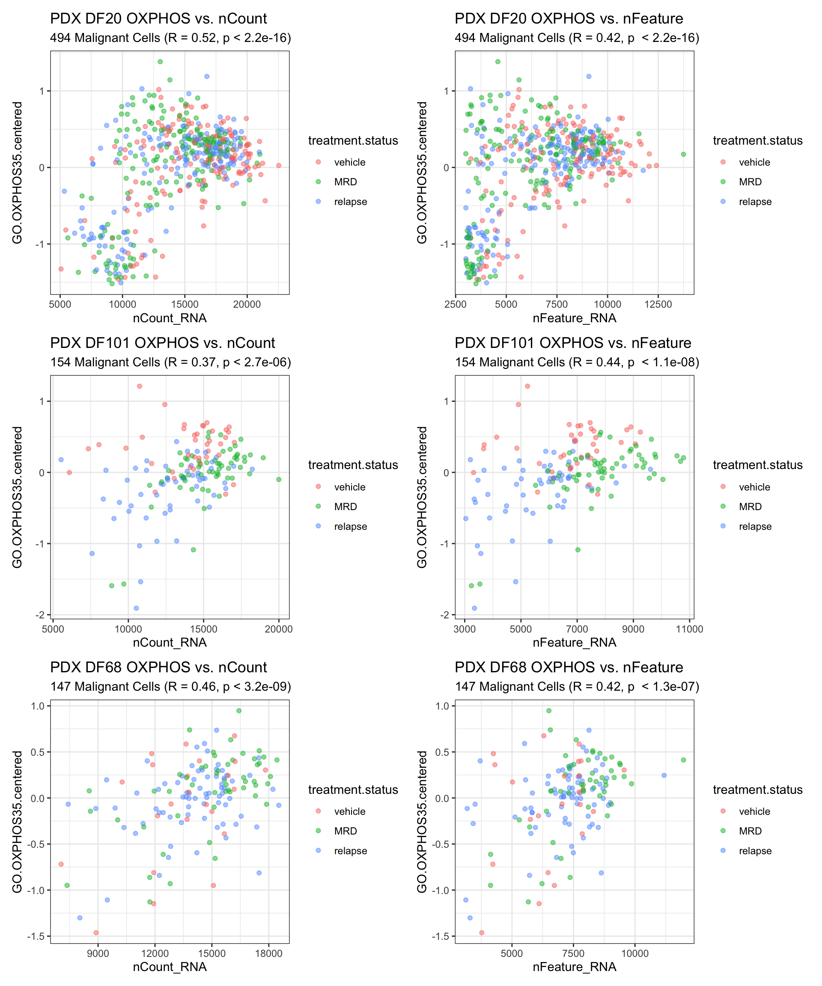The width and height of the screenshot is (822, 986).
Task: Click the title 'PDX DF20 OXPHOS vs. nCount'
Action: pyautogui.click(x=158, y=19)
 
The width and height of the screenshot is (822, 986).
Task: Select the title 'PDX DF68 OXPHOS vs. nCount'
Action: pyautogui.click(x=158, y=667)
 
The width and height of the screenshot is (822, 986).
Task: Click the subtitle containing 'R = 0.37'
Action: pyautogui.click(x=170, y=362)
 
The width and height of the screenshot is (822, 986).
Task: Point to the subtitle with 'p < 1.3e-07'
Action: pyautogui.click(x=577, y=686)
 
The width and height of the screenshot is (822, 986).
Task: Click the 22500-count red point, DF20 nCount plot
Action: pyautogui.click(x=279, y=165)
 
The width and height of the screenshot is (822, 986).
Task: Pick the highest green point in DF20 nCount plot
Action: pyautogui.click(x=160, y=62)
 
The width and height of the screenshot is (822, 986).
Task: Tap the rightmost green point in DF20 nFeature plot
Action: pyautogui.click(x=683, y=154)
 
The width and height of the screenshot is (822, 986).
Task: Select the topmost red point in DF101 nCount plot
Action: pyautogui.click(x=140, y=386)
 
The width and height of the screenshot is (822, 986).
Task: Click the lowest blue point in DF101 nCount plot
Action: pyautogui.click(x=136, y=608)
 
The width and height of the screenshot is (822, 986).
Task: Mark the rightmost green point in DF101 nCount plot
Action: pyautogui.click(x=279, y=479)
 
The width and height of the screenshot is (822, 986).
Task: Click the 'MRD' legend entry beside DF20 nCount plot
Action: pyautogui.click(x=345, y=182)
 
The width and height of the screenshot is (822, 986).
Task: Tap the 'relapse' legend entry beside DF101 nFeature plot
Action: pyautogui.click(x=755, y=526)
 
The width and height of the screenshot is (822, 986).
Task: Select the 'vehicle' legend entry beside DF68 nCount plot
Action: pyautogui.click(x=349, y=811)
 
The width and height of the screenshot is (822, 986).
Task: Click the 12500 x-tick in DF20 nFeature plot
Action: pyautogui.click(x=658, y=304)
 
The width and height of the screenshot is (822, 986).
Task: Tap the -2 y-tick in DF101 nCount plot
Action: pyautogui.click(x=42, y=615)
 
